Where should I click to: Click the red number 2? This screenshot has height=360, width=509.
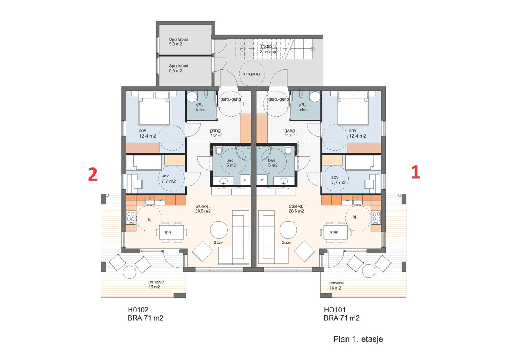(93, 174)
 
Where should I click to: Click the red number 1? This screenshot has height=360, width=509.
(416, 172)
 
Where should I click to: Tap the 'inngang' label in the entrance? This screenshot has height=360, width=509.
(251, 74)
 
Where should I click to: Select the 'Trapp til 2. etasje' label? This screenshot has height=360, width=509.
(268, 49)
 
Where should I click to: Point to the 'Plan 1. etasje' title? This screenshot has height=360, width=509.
(358, 339)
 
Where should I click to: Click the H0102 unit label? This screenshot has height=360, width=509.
(138, 310)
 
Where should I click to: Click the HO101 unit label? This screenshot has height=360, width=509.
(335, 310)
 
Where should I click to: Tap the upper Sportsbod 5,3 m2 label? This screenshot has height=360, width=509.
(179, 42)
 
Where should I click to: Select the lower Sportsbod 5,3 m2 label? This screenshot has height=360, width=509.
(179, 68)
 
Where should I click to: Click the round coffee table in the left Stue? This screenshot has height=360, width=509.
(218, 230)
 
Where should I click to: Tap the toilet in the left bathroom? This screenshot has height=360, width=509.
(219, 150)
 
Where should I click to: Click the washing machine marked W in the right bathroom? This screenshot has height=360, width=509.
(262, 180)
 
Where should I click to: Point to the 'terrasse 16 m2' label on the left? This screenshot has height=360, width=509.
(156, 284)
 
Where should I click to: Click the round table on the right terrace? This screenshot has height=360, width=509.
(368, 271)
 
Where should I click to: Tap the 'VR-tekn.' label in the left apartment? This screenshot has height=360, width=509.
(200, 107)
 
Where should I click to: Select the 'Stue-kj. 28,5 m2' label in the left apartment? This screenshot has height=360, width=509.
(203, 208)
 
